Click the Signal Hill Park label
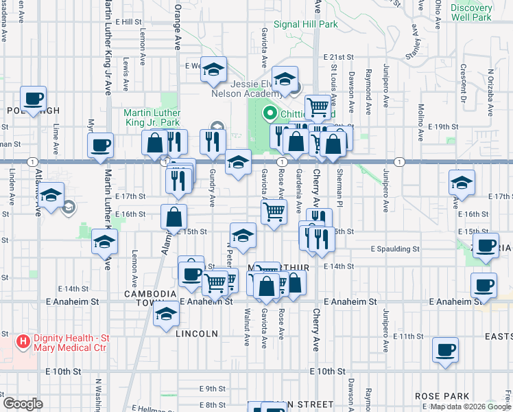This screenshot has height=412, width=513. (x=306, y=24)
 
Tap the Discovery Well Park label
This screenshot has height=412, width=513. (x=471, y=12)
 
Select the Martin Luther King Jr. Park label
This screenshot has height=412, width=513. (x=152, y=117)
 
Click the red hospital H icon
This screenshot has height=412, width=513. (x=23, y=341)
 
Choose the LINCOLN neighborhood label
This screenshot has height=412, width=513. (x=197, y=334)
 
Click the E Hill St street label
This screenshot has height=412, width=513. (x=128, y=22)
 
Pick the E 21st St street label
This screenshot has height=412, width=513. (x=340, y=58)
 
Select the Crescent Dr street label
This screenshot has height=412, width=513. (x=464, y=81)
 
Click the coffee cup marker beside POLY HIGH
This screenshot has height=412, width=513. (x=33, y=98)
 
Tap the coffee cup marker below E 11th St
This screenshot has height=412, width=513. (x=445, y=350)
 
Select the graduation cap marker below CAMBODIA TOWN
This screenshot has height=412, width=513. (x=166, y=315)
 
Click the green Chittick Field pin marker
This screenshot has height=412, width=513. (x=270, y=114)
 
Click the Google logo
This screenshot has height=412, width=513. (x=23, y=403)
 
